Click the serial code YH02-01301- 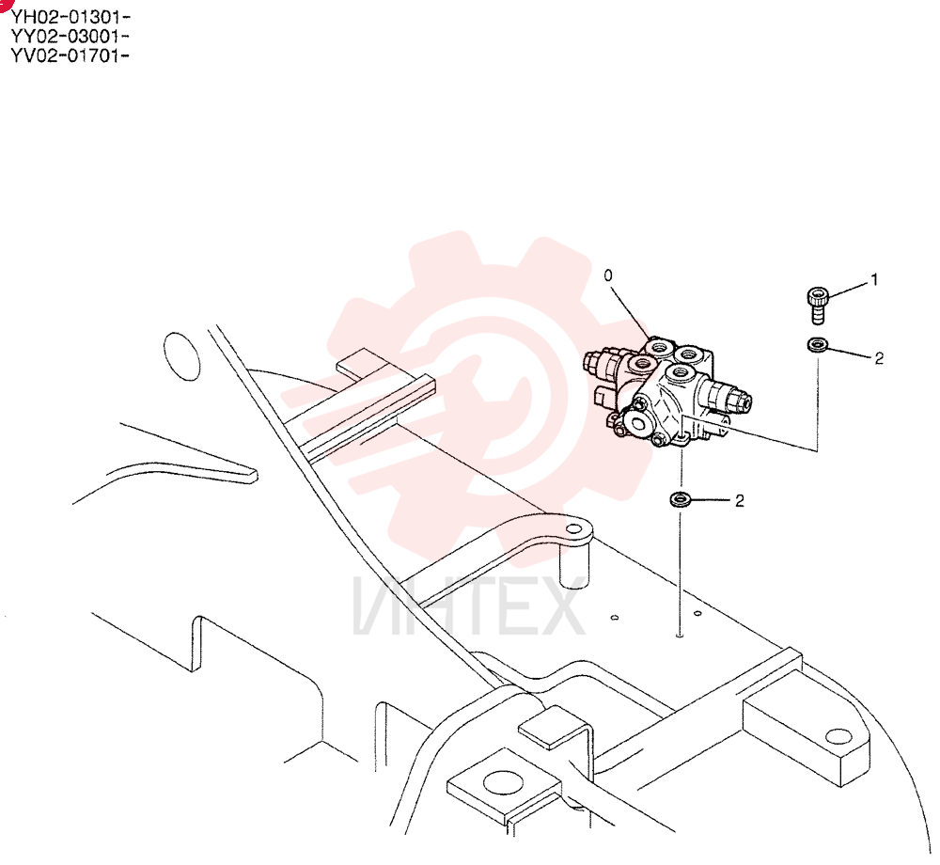pos(70,16)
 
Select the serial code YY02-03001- pos(70,36)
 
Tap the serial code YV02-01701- pos(70,55)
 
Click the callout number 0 pos(608,275)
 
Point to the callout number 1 pos(874,279)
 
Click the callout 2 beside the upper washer pos(879,358)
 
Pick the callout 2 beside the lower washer pos(739,500)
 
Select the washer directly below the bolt pos(817,345)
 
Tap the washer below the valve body pos(680,498)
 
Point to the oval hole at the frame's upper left pos(181,356)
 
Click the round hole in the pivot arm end pos(574,528)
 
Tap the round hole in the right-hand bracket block pos(838,736)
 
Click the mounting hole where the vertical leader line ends pos(680,635)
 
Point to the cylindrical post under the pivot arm pos(574,565)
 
